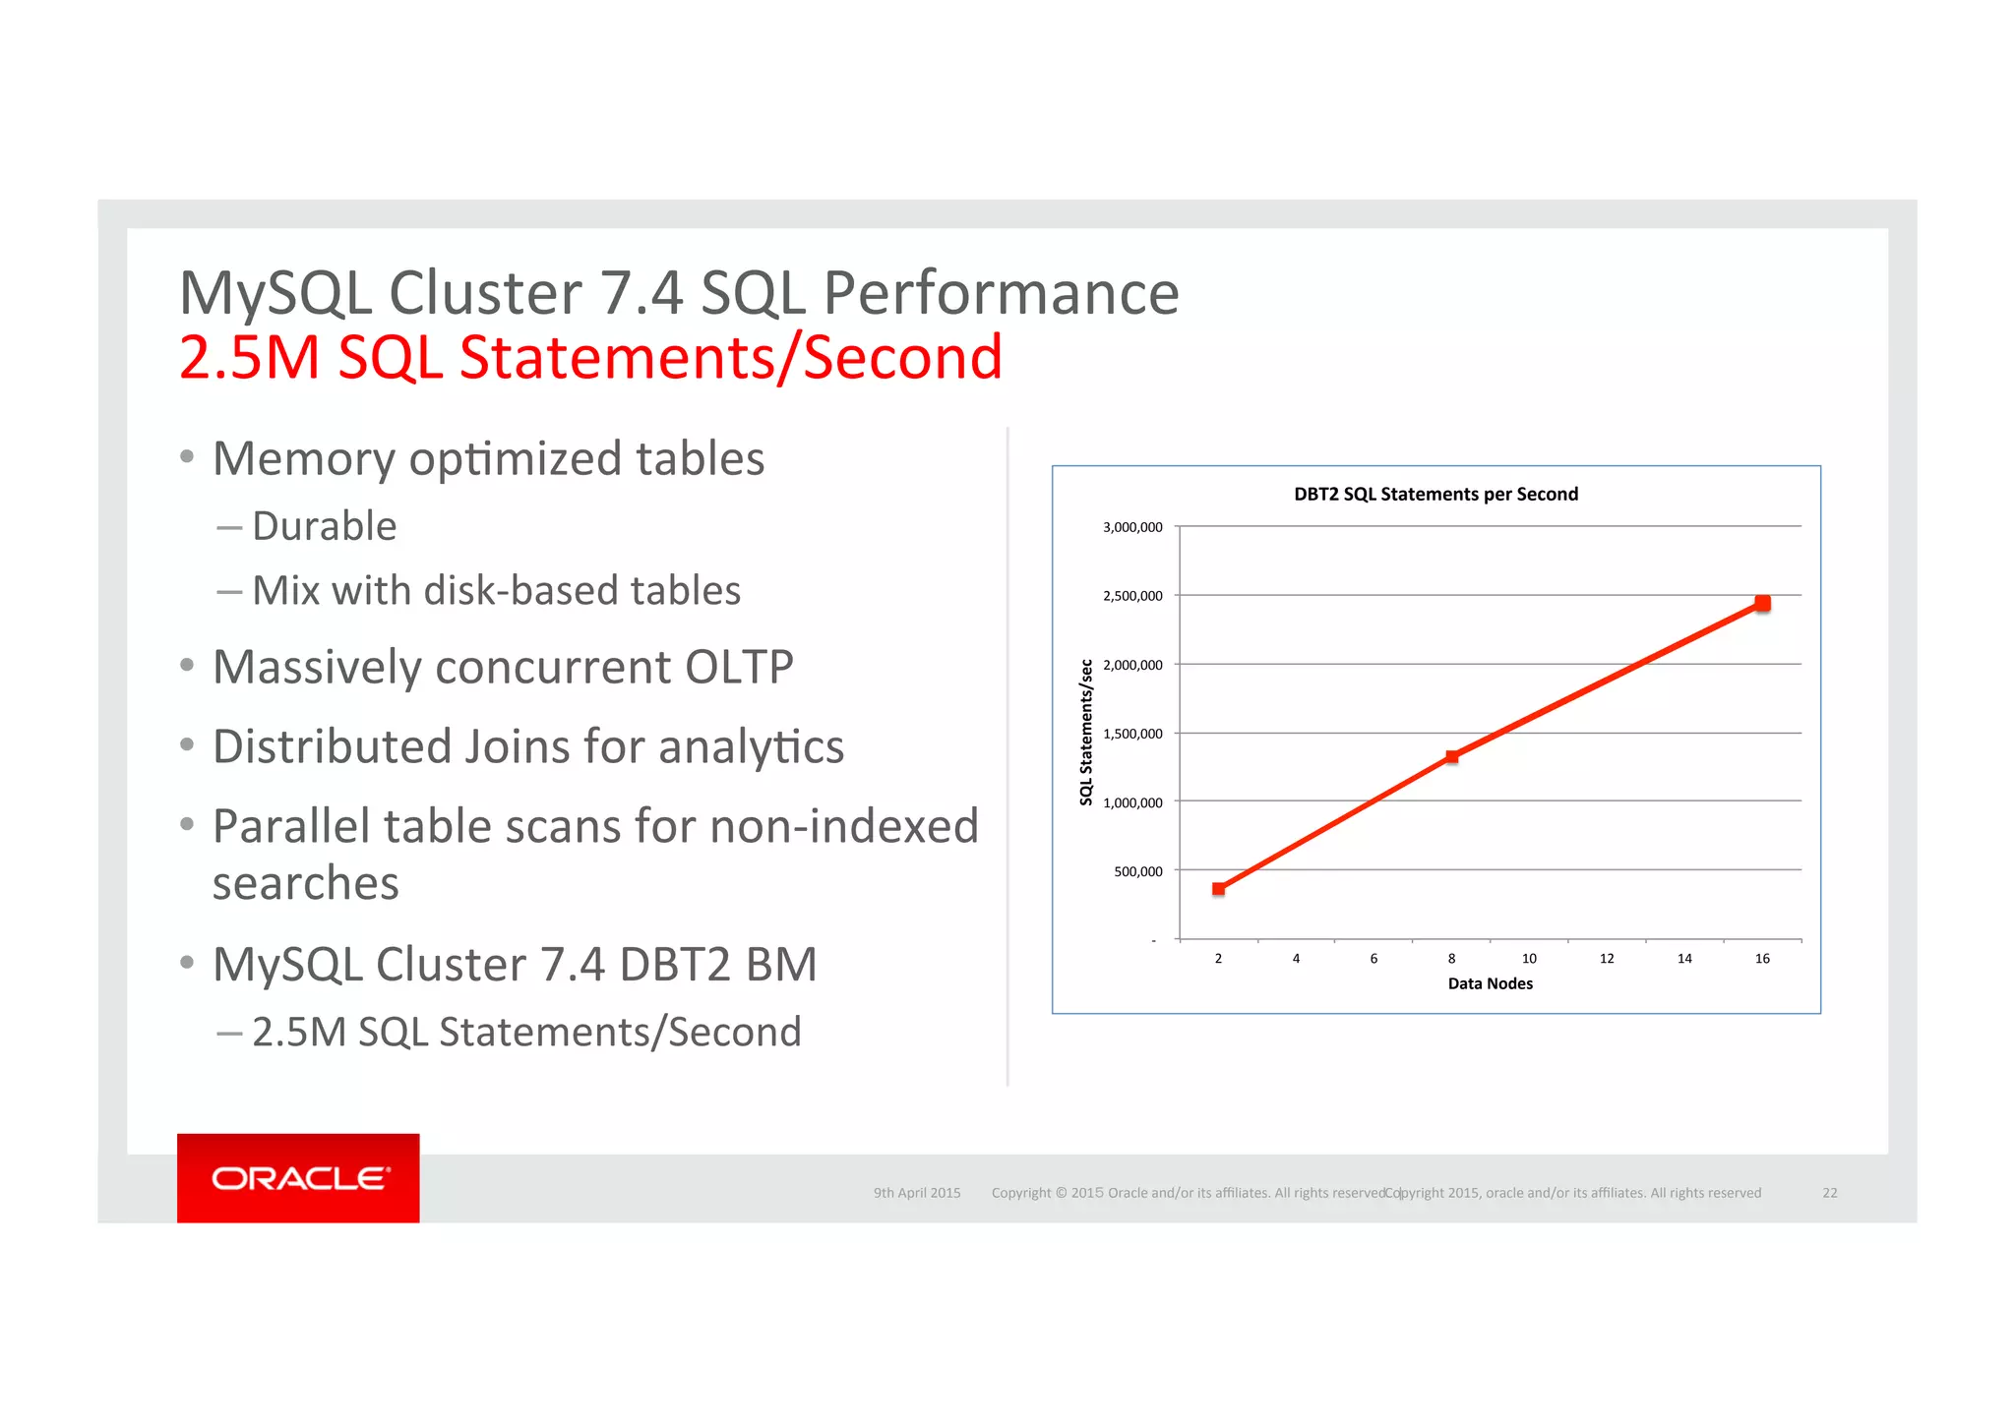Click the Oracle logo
pyautogui.click(x=299, y=1178)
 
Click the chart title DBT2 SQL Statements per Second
pyautogui.click(x=1435, y=494)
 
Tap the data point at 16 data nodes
pyautogui.click(x=1762, y=603)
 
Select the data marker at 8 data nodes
pyautogui.click(x=1451, y=756)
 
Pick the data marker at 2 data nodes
pyautogui.click(x=1218, y=888)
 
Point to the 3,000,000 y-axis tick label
pyautogui.click(x=1132, y=527)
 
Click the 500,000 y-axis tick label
pyautogui.click(x=1137, y=871)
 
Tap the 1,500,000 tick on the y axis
pyautogui.click(x=1132, y=734)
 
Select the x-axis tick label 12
pyautogui.click(x=1607, y=958)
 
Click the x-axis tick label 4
pyautogui.click(x=1296, y=958)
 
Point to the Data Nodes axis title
pyautogui.click(x=1490, y=983)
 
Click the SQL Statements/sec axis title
pyautogui.click(x=1086, y=733)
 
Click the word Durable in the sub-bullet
pyautogui.click(x=325, y=526)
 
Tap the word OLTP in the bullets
pyautogui.click(x=739, y=667)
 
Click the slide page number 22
pyautogui.click(x=1829, y=1193)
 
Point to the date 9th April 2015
pyautogui.click(x=917, y=1193)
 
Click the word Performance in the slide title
pyautogui.click(x=1001, y=293)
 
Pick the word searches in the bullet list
pyautogui.click(x=306, y=883)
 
